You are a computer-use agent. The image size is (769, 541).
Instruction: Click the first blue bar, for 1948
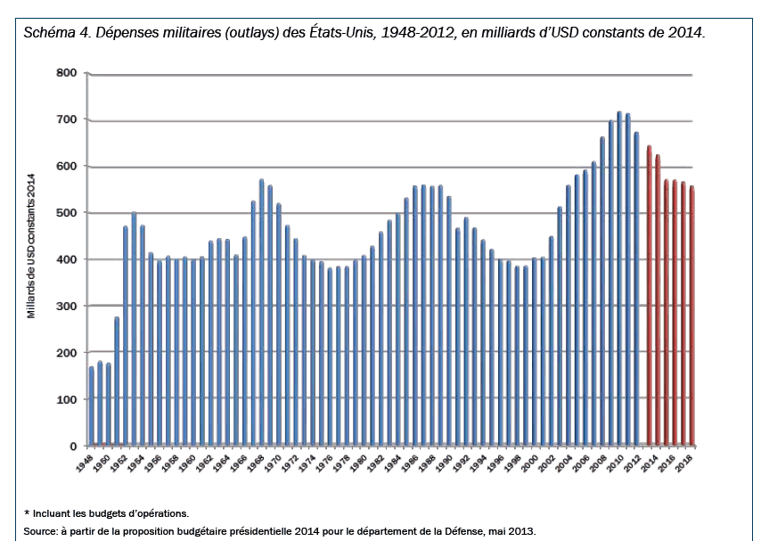coord(92,406)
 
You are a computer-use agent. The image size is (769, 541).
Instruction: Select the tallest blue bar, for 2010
coord(619,279)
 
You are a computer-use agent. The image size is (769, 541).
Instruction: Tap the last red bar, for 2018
coord(692,316)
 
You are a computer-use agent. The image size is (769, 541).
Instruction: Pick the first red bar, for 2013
coord(650,296)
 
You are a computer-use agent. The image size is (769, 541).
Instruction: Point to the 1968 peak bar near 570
coord(261,313)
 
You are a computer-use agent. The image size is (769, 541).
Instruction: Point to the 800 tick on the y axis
coord(67,72)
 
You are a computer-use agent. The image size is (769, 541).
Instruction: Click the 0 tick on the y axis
coord(73,447)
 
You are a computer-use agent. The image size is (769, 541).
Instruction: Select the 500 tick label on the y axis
coord(67,213)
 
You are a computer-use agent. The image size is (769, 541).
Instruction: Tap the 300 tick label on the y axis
coord(67,306)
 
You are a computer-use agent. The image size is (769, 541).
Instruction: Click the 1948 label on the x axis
coord(84,463)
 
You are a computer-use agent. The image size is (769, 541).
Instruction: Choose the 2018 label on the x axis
coord(684,463)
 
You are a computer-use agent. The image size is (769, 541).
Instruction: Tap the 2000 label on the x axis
coord(530,463)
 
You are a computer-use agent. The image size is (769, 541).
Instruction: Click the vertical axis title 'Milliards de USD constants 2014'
coord(32,246)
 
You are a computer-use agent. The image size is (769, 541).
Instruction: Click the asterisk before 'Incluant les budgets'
coord(27,512)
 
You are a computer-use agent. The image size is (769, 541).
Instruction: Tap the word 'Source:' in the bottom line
coord(41,531)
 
